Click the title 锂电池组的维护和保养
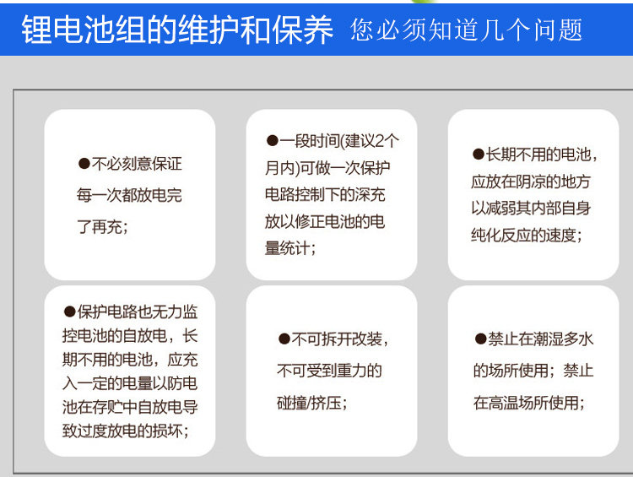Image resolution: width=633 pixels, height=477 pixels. pyautogui.click(x=177, y=30)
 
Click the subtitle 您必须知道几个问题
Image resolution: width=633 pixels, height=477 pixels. pyautogui.click(x=466, y=30)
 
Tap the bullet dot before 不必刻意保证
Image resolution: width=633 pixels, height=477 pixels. pyautogui.click(x=84, y=164)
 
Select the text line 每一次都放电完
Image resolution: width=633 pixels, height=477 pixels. pyautogui.click(x=129, y=196)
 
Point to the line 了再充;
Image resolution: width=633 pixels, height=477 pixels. pyautogui.click(x=102, y=226)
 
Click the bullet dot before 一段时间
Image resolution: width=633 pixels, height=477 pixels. pyautogui.click(x=273, y=141)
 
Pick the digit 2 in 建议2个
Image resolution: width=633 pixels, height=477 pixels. pyautogui.click(x=379, y=141)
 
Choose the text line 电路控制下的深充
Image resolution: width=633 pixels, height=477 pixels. pyautogui.click(x=325, y=195)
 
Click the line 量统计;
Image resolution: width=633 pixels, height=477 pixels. pyautogui.click(x=290, y=248)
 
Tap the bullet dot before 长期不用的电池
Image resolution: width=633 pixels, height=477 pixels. pyautogui.click(x=479, y=154)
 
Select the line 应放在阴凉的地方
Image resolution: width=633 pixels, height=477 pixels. pyautogui.click(x=531, y=182)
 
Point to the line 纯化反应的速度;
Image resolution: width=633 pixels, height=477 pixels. pyautogui.click(x=527, y=235)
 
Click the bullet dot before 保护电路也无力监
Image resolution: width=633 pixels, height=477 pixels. pyautogui.click(x=70, y=312)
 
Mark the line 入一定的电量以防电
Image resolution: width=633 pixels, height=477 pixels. pyautogui.click(x=130, y=383)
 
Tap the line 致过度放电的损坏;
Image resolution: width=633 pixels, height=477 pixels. pyautogui.click(x=126, y=431)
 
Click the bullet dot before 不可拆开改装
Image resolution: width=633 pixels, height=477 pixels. pyautogui.click(x=284, y=339)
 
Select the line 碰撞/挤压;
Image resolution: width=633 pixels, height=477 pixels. pyautogui.click(x=312, y=403)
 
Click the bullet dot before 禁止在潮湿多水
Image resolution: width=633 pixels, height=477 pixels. pyautogui.click(x=480, y=339)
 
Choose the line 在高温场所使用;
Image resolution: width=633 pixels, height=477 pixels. pyautogui.click(x=529, y=403)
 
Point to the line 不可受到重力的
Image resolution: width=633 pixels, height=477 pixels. pyautogui.click(x=329, y=371)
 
